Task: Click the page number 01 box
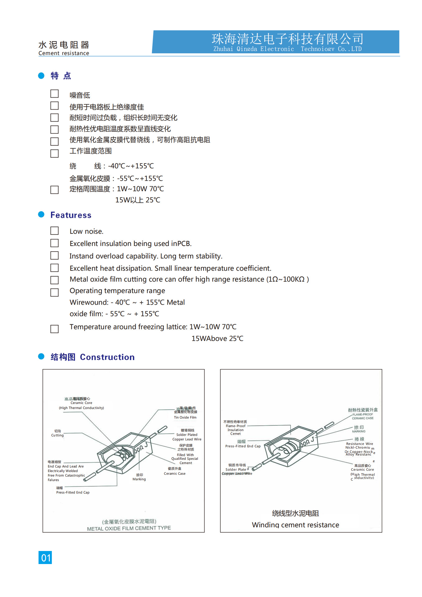pos(45,557)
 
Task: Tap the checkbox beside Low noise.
pos(54,231)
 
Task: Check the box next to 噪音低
pos(54,94)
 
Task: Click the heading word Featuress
pos(71,215)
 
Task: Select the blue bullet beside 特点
pos(41,76)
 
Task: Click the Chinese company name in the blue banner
pos(287,39)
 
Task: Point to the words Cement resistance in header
pos(64,53)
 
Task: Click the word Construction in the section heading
pos(107,357)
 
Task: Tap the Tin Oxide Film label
pos(185,417)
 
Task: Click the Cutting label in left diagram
pos(57,435)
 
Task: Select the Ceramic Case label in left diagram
pos(175,474)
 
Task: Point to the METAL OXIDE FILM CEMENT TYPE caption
pos(129,528)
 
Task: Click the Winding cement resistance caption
pos(295,525)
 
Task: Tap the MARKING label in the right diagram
pos(359,431)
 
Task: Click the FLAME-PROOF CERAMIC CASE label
pos(363,416)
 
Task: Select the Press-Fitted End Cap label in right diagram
pos(243,446)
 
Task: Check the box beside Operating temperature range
pos(54,292)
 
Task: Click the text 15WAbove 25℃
pos(217,338)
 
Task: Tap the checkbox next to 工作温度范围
pos(54,153)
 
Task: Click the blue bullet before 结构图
pos(41,356)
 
